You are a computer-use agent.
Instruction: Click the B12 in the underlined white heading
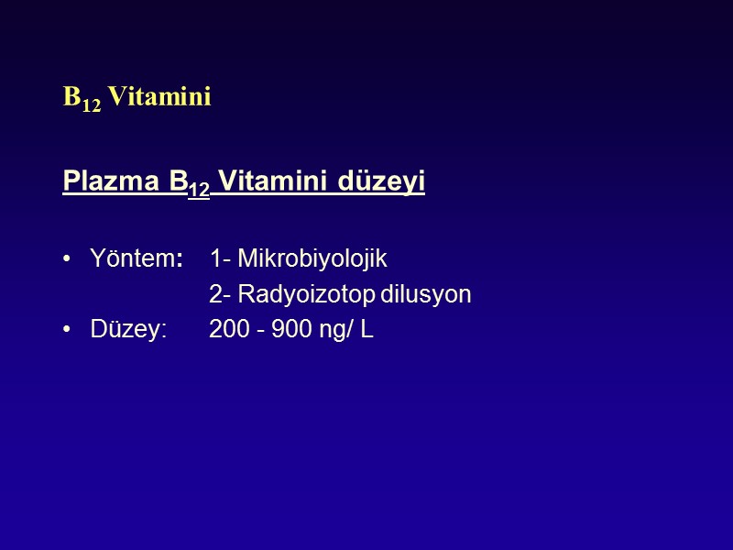(x=191, y=184)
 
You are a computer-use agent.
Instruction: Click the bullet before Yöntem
(x=69, y=260)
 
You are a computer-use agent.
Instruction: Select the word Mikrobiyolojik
(x=312, y=259)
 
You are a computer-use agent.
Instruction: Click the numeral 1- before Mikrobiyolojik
(x=220, y=259)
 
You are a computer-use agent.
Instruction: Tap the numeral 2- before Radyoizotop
(x=220, y=295)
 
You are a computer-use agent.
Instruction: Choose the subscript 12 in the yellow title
(x=92, y=103)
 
